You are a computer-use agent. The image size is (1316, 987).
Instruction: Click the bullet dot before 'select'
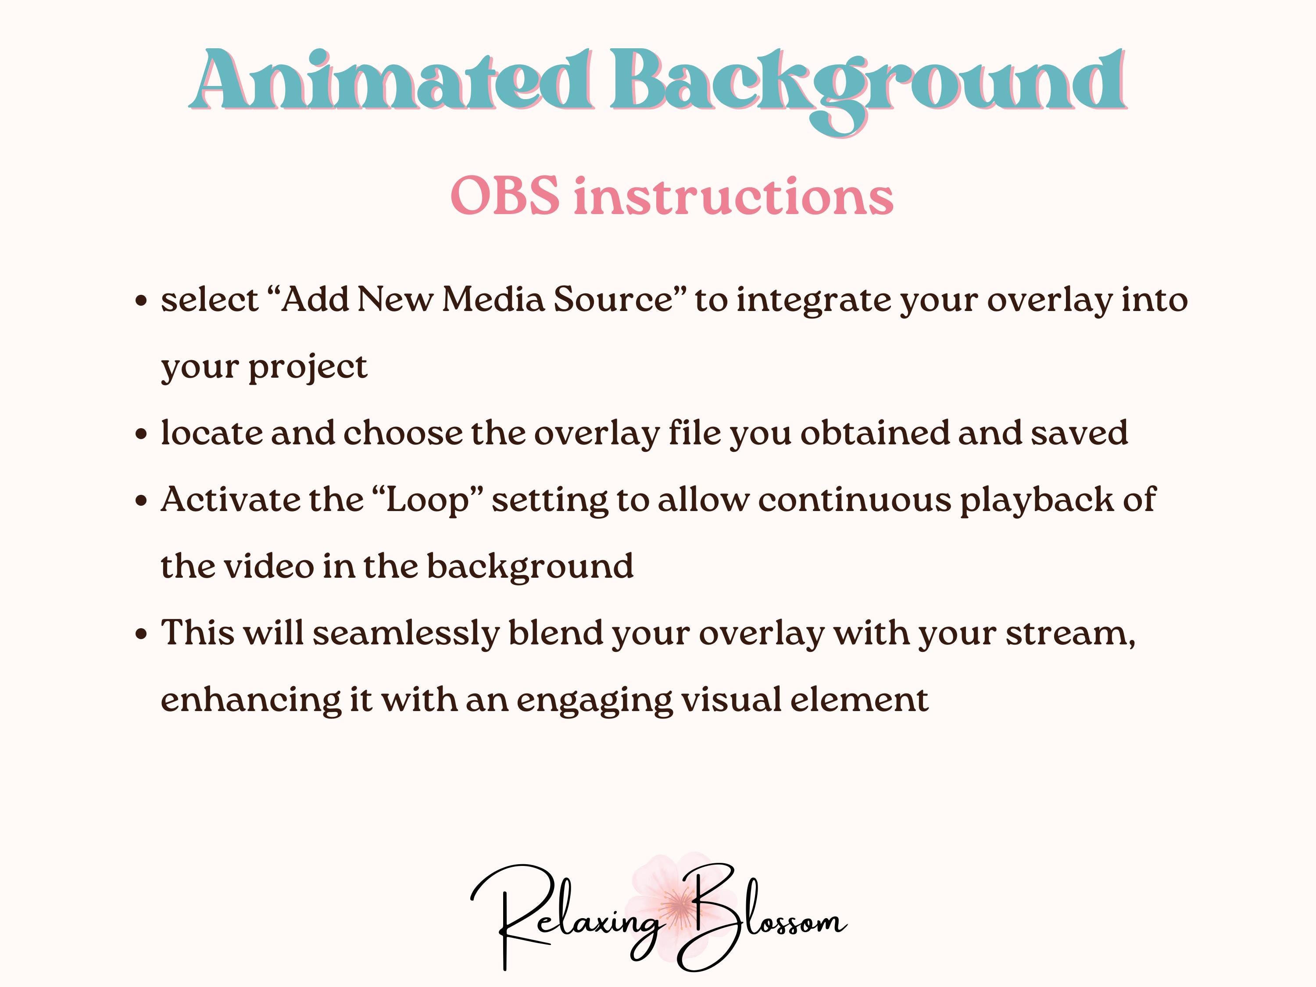[x=141, y=300]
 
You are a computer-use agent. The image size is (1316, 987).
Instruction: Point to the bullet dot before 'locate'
[x=141, y=434]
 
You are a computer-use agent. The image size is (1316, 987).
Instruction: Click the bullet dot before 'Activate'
[x=141, y=501]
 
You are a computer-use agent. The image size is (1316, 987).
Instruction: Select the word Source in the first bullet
[x=613, y=300]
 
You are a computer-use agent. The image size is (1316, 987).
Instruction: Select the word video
[x=269, y=566]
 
